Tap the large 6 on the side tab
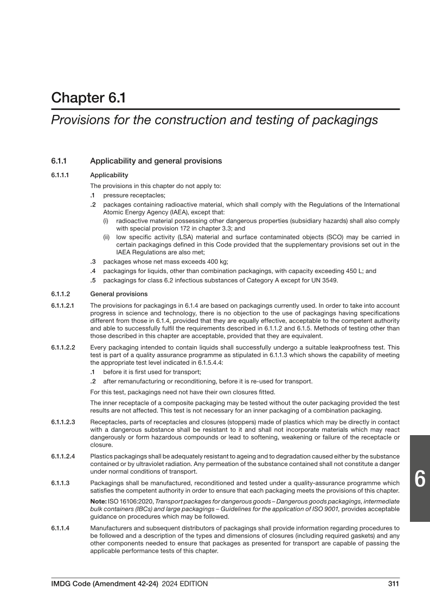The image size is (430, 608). pyautogui.click(x=420, y=478)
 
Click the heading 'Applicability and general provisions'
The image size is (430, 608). pyautogui.click(x=156, y=161)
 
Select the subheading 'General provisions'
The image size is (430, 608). pyautogui.click(x=118, y=294)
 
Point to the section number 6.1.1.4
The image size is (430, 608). pyautogui.click(x=61, y=527)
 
